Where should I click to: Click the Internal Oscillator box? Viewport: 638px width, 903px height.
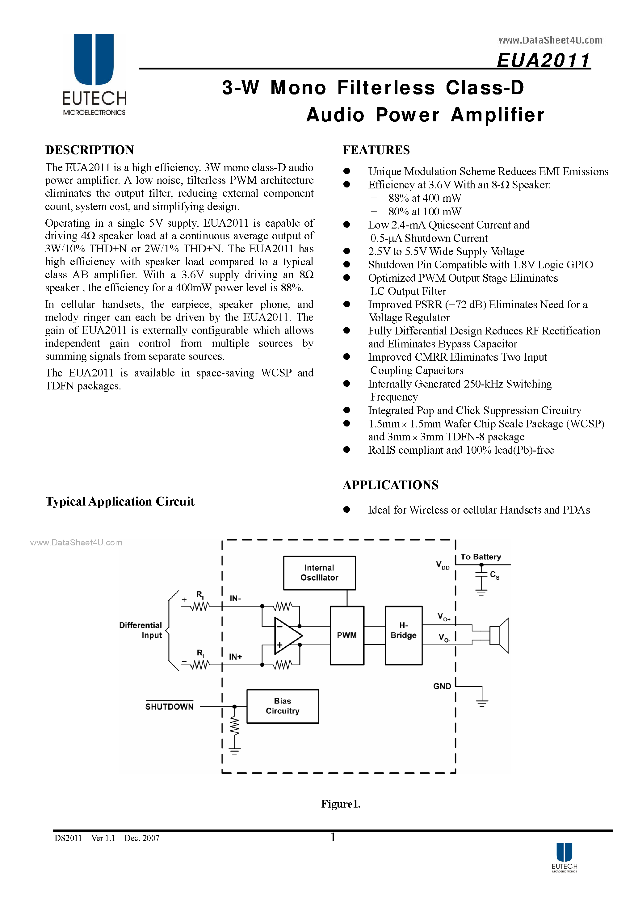[319, 573]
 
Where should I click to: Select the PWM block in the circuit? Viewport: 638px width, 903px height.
[346, 635]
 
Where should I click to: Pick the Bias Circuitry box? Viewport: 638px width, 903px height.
[283, 706]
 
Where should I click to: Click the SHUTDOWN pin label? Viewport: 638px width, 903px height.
[169, 706]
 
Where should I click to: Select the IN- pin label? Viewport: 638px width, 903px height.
[235, 598]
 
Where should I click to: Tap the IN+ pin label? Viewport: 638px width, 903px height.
[236, 657]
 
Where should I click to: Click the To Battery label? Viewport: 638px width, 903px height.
[481, 556]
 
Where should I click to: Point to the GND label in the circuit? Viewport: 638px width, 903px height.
[442, 686]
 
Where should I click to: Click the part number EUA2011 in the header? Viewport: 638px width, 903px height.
[543, 61]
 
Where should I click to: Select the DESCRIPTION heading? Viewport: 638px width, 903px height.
[90, 150]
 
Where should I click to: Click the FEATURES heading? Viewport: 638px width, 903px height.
[376, 150]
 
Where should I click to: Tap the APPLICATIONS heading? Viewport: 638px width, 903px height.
[390, 485]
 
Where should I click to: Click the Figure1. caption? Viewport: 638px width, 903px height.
[341, 804]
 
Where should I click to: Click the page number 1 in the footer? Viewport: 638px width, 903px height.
[333, 837]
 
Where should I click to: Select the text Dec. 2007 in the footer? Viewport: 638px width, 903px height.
[142, 838]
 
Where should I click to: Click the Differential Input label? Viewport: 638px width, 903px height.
[141, 630]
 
